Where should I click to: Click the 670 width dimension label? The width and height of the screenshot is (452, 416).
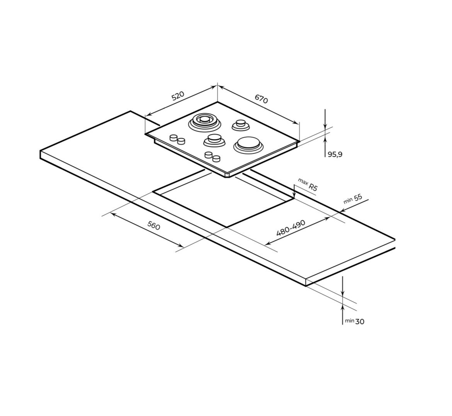pos(262,98)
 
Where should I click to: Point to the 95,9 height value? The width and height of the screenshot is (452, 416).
pos(335,155)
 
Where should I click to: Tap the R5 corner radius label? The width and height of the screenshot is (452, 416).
pos(313,187)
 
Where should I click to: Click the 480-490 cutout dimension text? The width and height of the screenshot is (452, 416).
pos(291,228)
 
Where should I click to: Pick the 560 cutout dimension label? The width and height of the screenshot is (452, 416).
pos(154,225)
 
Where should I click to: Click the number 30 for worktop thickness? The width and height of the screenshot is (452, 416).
pos(360,321)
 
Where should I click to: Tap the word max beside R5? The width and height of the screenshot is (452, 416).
pos(302,181)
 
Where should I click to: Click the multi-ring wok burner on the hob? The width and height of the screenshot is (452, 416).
pos(204,122)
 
